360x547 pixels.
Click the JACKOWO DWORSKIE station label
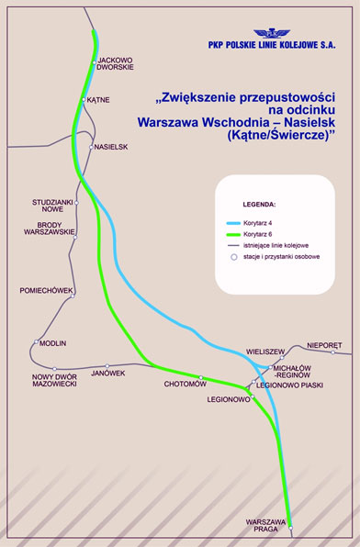point(117,63)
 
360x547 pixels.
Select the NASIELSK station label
point(111,146)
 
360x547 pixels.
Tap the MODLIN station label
point(53,343)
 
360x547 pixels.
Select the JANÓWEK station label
point(107,373)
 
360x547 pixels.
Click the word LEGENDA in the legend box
point(259,203)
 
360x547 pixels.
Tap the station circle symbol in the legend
point(235,258)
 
